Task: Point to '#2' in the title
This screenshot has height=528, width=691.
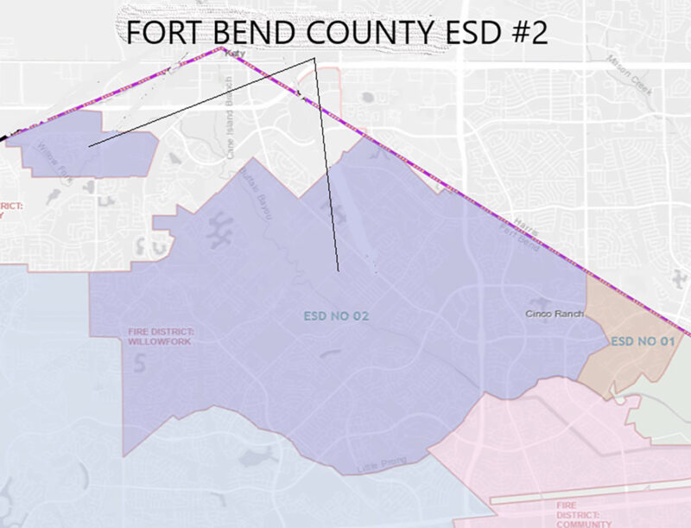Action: pyautogui.click(x=525, y=33)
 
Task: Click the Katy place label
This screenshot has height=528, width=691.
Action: pyautogui.click(x=232, y=54)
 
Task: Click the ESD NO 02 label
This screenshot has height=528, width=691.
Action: pyautogui.click(x=336, y=316)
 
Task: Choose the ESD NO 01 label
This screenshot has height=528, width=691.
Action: pyautogui.click(x=642, y=341)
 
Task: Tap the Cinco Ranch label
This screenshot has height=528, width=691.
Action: pyautogui.click(x=550, y=313)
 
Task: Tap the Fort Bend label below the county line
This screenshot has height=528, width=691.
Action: pyautogui.click(x=522, y=239)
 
